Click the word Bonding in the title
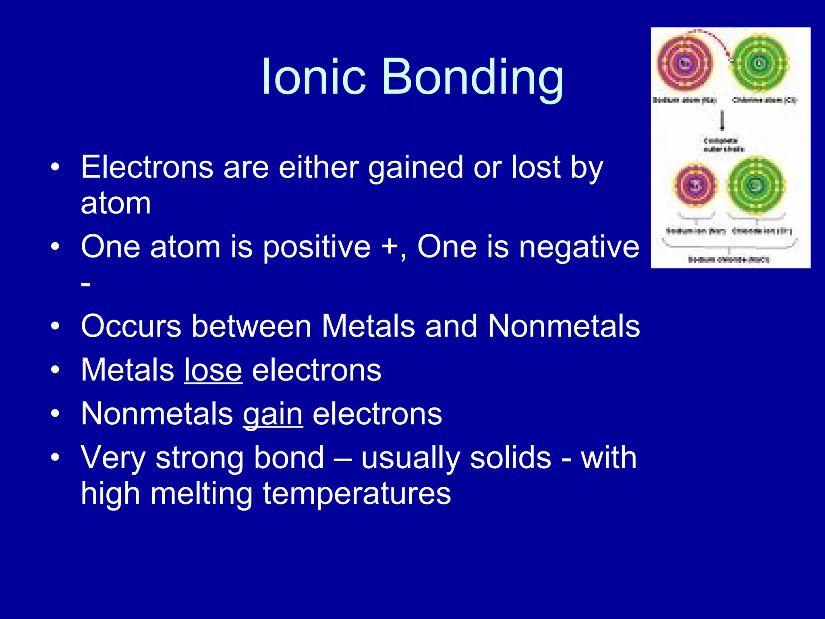[472, 77]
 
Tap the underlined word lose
[213, 370]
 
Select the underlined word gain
[273, 414]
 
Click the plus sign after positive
[390, 246]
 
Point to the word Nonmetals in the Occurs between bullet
[564, 326]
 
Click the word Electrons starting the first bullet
[147, 167]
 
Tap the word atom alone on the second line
[116, 203]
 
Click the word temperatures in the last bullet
[357, 493]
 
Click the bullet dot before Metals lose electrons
[55, 370]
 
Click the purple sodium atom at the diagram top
[685, 63]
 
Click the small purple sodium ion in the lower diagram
[696, 185]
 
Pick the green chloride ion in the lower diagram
[756, 185]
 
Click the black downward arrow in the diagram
[722, 120]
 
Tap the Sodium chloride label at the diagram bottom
[729, 260]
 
